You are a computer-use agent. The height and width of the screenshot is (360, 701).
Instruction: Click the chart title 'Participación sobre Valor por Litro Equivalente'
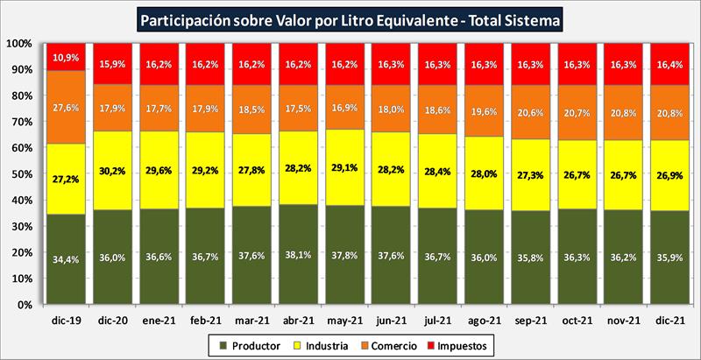350,18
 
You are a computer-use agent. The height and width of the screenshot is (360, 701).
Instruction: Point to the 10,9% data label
66,58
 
